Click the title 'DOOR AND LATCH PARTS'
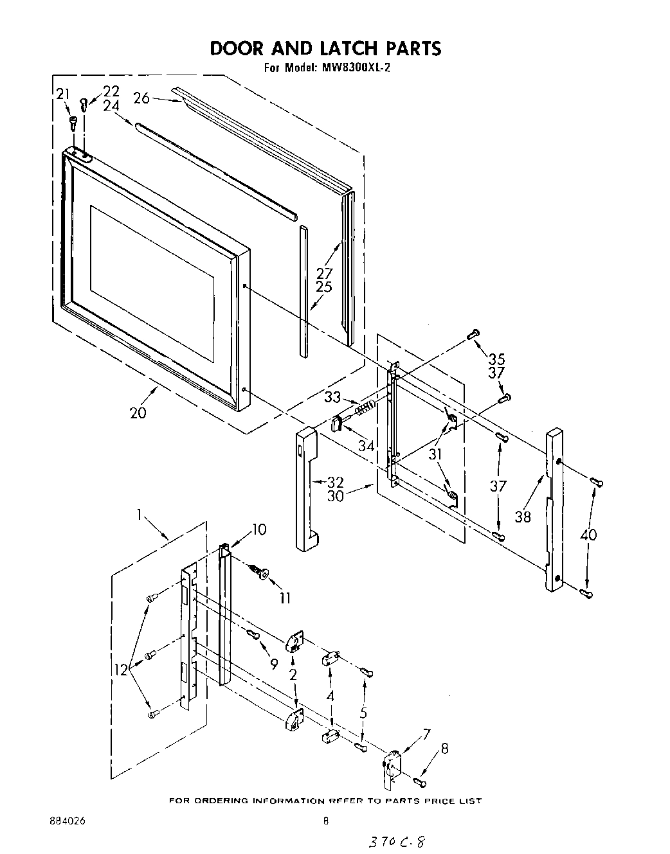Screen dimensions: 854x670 [325, 48]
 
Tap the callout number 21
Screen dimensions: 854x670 [62, 95]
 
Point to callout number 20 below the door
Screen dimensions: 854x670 [138, 413]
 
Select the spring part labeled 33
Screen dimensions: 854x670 [365, 408]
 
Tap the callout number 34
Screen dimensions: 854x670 [367, 444]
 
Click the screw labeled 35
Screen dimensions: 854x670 [474, 334]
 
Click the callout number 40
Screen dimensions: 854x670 [588, 535]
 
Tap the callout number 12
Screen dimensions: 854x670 [122, 669]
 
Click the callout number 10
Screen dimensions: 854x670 [258, 529]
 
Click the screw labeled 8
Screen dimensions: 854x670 [420, 781]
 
